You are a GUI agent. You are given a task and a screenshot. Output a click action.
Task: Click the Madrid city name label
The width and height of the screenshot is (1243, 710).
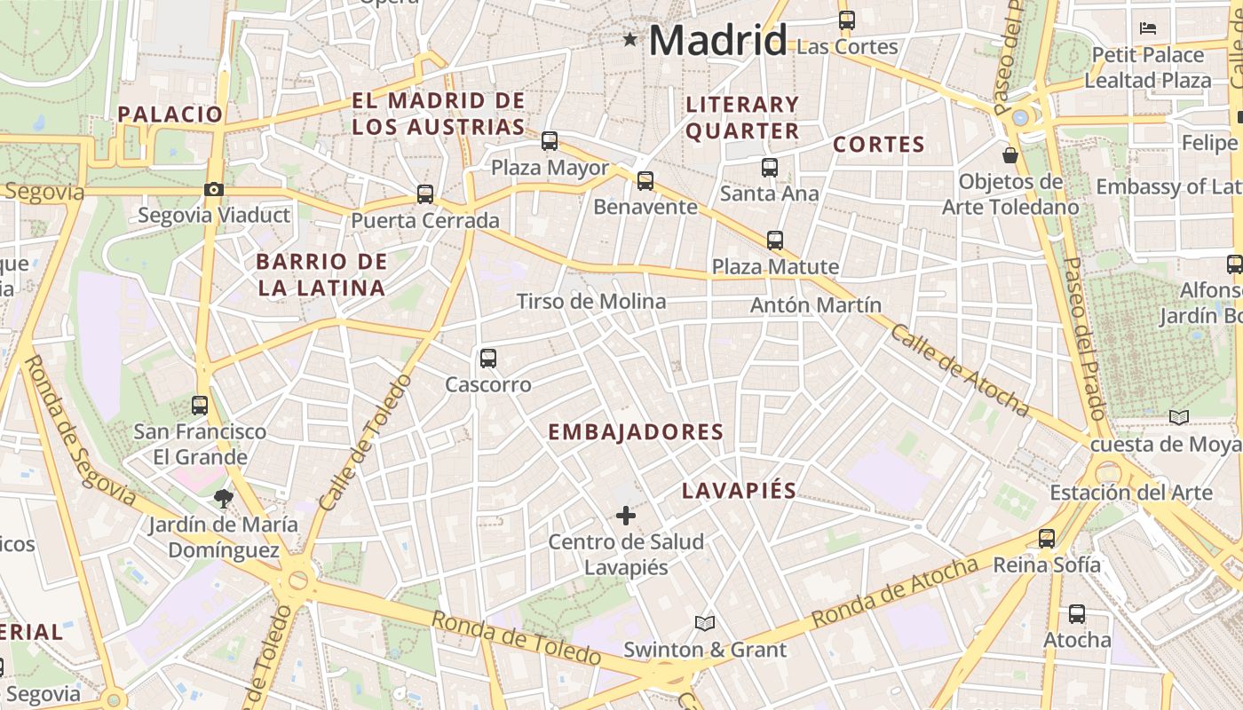coord(717,41)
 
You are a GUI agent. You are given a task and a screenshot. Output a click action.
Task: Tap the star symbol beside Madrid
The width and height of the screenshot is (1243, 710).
coord(630,39)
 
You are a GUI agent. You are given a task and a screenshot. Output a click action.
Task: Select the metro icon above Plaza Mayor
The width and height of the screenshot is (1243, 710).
coord(550,140)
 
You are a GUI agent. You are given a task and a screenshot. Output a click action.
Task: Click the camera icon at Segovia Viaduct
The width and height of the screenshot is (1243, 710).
coord(213,189)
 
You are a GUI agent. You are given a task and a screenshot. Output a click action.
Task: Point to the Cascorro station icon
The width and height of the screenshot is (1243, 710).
coord(487,359)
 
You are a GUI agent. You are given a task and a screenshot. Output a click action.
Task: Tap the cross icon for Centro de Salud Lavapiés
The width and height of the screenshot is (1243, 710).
coord(626,515)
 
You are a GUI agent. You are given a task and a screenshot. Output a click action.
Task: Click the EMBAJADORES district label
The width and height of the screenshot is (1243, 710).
coord(636,432)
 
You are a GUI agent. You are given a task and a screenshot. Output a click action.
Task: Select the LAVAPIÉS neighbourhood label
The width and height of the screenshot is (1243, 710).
coord(739,491)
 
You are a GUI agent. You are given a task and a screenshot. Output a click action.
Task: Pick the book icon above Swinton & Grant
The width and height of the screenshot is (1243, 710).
coord(705,624)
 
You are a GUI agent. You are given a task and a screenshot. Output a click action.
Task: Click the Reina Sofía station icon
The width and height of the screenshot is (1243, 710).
coord(1047,539)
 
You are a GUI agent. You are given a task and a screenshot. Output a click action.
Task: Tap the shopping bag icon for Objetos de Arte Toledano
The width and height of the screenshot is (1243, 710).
coord(1010,156)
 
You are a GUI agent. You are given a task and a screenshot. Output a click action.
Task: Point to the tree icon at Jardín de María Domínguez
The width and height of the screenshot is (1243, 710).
coord(223,499)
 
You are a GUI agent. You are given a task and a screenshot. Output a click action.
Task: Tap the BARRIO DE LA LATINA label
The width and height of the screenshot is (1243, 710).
coord(321,274)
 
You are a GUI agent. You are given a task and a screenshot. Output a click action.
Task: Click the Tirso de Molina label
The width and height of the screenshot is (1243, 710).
coord(591,302)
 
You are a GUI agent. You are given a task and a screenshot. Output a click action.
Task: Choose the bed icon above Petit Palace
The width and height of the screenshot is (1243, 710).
coord(1147,28)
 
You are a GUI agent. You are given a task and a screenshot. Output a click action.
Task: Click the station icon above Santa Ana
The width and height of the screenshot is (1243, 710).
coord(769,167)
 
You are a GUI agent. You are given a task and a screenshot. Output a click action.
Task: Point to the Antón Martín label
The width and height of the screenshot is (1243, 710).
coord(816,305)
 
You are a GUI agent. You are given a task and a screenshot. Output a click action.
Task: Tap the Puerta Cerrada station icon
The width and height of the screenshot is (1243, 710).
coord(425,194)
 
